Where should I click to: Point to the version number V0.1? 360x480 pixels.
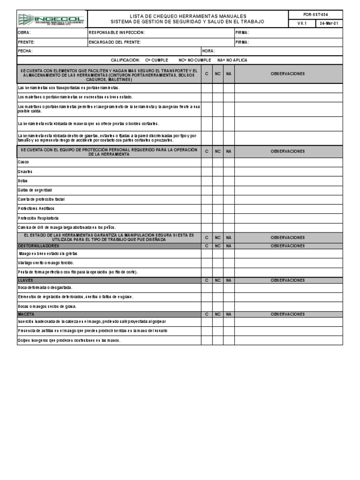(x=301, y=23)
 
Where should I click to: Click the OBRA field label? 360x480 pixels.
(x=24, y=33)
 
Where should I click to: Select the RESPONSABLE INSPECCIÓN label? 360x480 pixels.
(x=117, y=33)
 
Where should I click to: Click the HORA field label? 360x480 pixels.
(x=209, y=51)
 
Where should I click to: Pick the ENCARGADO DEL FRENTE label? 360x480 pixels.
(x=115, y=42)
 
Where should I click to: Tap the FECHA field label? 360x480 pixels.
(x=25, y=51)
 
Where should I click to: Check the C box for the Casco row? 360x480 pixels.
(x=207, y=162)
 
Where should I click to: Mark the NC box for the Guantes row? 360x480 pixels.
(x=217, y=171)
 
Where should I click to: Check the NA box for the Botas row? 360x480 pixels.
(x=228, y=180)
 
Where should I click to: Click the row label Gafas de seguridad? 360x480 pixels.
(x=35, y=190)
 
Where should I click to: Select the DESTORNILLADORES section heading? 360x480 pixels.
(x=38, y=246)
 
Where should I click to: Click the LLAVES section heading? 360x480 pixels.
(x=25, y=280)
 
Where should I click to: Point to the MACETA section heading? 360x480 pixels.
(x=26, y=314)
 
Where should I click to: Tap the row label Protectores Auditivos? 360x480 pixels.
(x=36, y=209)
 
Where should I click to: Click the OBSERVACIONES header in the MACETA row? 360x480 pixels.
(x=288, y=314)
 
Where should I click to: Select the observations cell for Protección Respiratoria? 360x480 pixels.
(x=288, y=218)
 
